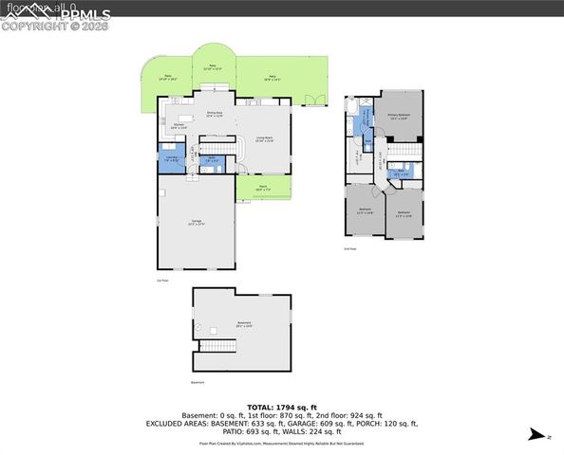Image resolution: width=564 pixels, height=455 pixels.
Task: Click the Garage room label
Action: pyautogui.click(x=197, y=223)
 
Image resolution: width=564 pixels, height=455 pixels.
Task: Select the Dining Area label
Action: pyautogui.click(x=215, y=114)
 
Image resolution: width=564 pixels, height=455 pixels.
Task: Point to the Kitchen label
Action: pyautogui.click(x=179, y=125)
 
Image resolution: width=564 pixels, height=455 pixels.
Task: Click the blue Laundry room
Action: pyautogui.click(x=171, y=159)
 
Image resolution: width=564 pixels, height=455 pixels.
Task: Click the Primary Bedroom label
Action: pyautogui.click(x=399, y=116)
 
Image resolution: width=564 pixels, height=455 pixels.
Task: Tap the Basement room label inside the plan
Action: pyautogui.click(x=244, y=324)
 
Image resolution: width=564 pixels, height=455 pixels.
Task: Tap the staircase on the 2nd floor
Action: pyautogui.click(x=406, y=151)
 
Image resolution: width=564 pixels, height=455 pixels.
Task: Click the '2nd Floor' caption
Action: pyautogui.click(x=350, y=247)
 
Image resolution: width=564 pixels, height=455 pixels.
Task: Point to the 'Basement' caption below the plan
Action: pyautogui.click(x=197, y=382)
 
